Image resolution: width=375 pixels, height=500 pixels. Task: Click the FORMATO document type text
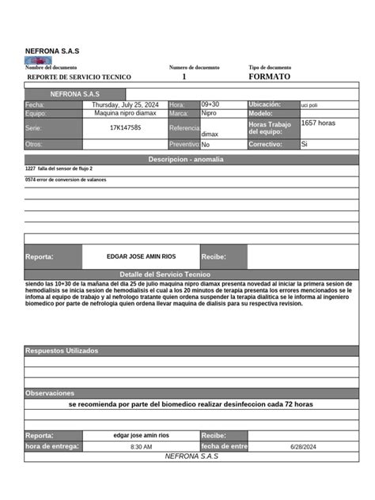269,77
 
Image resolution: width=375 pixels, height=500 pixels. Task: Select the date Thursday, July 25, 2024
125,104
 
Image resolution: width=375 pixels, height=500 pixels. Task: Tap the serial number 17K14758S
125,127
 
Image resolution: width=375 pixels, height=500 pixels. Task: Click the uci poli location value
309,105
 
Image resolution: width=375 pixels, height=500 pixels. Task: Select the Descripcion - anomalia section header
186,159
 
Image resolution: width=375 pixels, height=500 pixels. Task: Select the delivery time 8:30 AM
141,447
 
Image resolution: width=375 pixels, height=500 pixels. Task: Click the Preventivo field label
184,145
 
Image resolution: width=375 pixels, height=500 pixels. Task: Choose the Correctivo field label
265,145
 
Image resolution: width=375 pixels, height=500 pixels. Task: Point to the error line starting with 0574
66,180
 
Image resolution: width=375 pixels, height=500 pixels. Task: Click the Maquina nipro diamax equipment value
125,113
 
